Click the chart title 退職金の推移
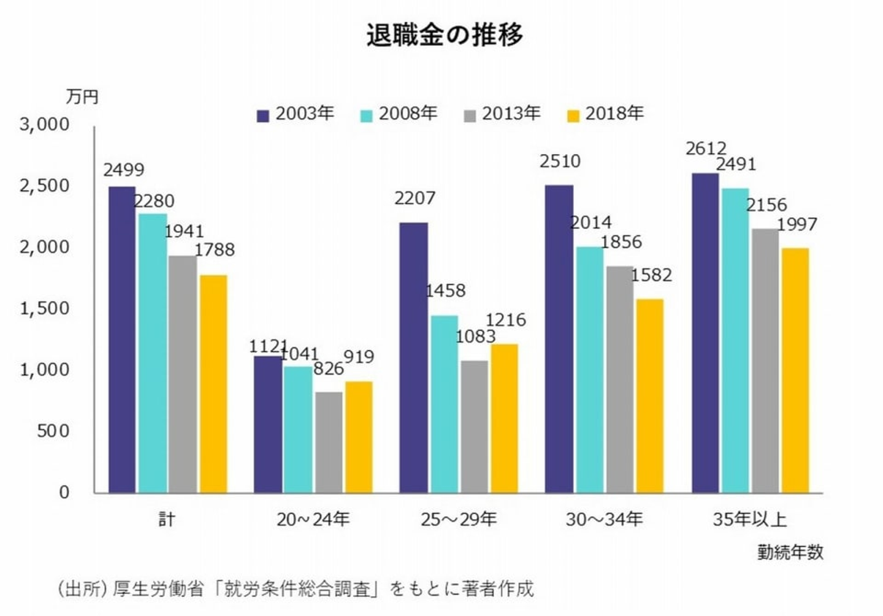pyautogui.click(x=445, y=35)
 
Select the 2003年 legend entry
pyautogui.click(x=296, y=114)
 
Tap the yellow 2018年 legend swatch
pyautogui.click(x=573, y=115)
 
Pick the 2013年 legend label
pyautogui.click(x=511, y=114)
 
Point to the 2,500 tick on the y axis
pyautogui.click(x=44, y=186)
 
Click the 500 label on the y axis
pyautogui.click(x=53, y=431)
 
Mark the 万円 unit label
pyautogui.click(x=82, y=97)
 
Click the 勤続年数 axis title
pyautogui.click(x=790, y=552)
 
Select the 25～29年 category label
pyautogui.click(x=459, y=520)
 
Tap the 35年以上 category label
pyautogui.click(x=749, y=520)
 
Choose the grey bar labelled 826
pyautogui.click(x=329, y=442)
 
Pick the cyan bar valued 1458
pyautogui.click(x=444, y=404)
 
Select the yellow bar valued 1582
pyautogui.click(x=649, y=396)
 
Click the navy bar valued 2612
pyautogui.click(x=705, y=333)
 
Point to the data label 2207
pyautogui.click(x=415, y=199)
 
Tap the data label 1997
pyautogui.click(x=797, y=225)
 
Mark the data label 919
pyautogui.click(x=359, y=357)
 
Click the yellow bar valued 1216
pyautogui.click(x=504, y=418)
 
